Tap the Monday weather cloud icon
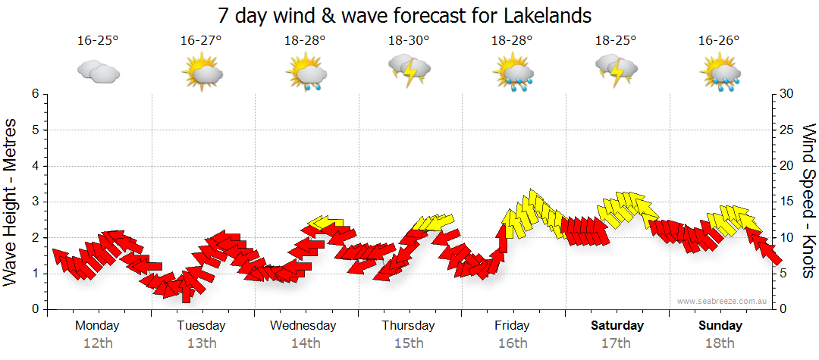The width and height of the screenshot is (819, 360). point(98,73)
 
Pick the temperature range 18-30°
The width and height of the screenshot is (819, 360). point(409,40)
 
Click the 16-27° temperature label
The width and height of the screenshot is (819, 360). point(201,40)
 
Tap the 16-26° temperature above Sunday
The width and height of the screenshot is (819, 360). point(720,40)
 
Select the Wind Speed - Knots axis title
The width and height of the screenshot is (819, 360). point(808,201)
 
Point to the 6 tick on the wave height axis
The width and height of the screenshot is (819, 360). point(35,94)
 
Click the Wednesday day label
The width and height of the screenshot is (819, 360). point(303,326)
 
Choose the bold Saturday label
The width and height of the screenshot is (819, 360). point(617,326)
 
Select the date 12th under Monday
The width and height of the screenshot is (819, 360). point(98,343)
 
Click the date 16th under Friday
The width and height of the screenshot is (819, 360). point(512,343)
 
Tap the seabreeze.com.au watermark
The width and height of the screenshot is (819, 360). point(723,302)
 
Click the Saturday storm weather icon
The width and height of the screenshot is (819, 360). point(616,70)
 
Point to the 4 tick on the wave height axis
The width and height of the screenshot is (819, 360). point(35,166)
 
